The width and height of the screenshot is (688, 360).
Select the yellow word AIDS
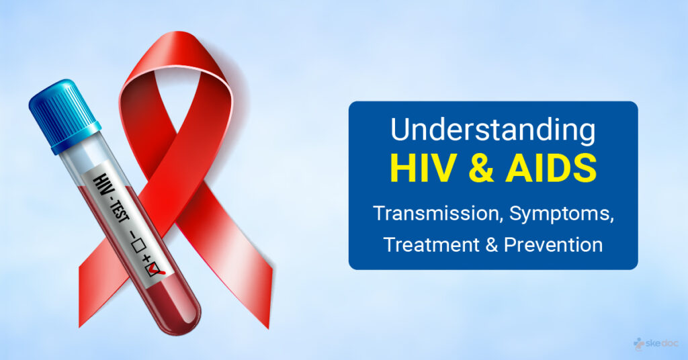[x=551, y=169]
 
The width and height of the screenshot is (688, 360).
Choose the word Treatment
[x=431, y=244]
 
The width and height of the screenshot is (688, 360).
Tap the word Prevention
[x=554, y=244]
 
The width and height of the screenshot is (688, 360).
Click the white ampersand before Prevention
[x=491, y=244]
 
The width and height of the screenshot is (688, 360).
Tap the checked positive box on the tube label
[x=155, y=269]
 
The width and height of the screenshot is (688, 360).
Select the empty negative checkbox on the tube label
[x=137, y=246]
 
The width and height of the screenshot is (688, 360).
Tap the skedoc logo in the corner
[x=656, y=343]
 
